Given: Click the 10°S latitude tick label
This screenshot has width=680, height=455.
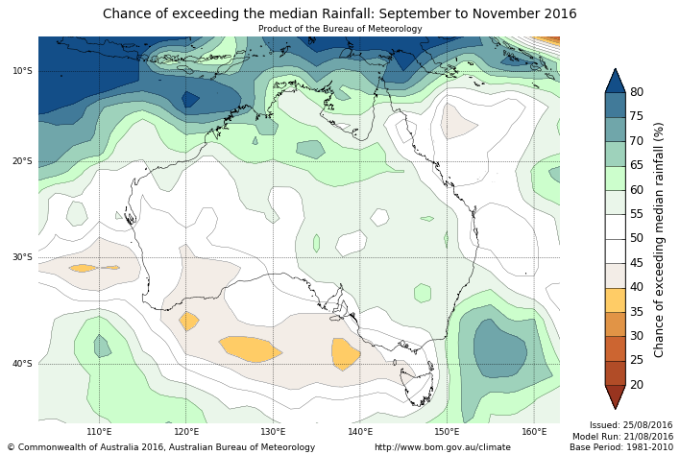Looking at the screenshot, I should [22, 71].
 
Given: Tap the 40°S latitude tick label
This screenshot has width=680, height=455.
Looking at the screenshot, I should [22, 364].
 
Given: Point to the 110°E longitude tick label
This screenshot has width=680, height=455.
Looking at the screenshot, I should [99, 431].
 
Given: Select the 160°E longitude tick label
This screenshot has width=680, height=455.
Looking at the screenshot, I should [534, 431].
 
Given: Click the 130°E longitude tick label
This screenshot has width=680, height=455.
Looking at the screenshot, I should [273, 431].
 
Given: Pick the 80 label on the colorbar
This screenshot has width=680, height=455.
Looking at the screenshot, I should [637, 92].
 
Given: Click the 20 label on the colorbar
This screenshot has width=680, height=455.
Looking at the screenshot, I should [637, 385].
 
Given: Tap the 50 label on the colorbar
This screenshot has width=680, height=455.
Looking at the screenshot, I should [637, 239].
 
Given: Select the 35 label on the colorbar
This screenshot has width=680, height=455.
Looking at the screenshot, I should [637, 312].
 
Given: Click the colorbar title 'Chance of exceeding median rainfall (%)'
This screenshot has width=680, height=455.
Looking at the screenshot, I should [660, 239].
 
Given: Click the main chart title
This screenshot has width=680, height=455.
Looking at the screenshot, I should [339, 14].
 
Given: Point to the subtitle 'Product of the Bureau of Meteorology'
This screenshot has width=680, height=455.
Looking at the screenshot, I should [339, 29].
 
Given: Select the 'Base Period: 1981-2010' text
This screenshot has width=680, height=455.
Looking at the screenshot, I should [620, 447].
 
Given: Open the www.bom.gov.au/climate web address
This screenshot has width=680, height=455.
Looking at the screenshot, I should [442, 447].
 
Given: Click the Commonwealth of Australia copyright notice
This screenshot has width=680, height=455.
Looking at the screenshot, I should [161, 447].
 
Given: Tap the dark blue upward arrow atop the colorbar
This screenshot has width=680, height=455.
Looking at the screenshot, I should [615, 80].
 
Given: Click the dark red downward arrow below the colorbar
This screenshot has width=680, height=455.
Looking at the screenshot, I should [615, 396].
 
